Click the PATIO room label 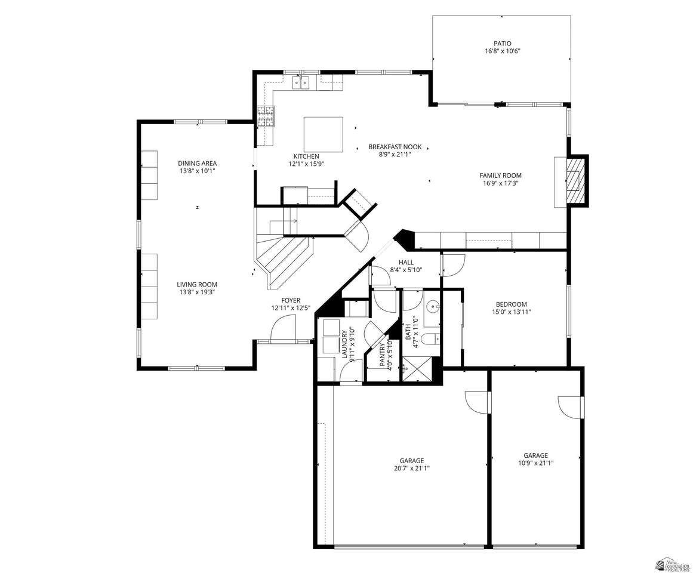pos(503,44)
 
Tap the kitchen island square pos(323,134)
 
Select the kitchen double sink pos(301,82)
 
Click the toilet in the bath pos(429,339)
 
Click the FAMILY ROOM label pos(500,175)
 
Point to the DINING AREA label pos(197,164)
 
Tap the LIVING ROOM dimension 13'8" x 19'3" pos(197,292)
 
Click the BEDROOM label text pos(512,304)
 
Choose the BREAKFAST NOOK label pos(395,147)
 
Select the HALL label pos(406,263)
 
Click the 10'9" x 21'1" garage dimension pos(535,463)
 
